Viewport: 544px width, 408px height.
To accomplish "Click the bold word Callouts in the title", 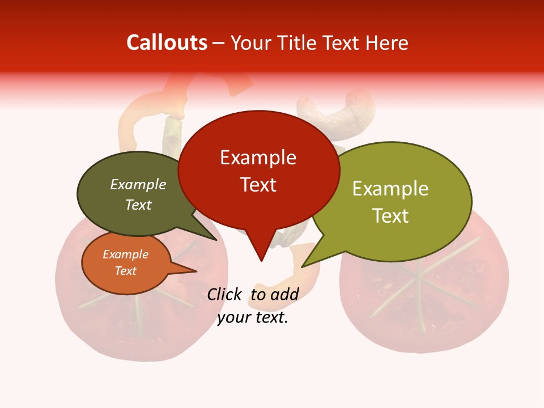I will point(167,42).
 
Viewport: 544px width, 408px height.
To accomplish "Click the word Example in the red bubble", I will point(258,158).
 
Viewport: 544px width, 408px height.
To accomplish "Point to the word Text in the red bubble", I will point(258,185).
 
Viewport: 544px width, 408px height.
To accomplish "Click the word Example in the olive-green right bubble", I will point(390,189).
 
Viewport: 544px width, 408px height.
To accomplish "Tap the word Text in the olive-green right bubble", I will point(390,215).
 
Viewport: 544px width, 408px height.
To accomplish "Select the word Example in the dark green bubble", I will point(138,185).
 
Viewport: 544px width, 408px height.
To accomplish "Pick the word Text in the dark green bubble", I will point(138,205).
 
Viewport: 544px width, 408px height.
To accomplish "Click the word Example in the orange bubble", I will point(125,254).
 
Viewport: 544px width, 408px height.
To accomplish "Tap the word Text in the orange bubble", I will point(125,271).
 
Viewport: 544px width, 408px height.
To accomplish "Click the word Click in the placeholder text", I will point(225,294).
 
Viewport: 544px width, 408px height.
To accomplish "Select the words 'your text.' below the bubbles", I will point(253,318).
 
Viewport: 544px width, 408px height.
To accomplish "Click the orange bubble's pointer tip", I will point(196,271).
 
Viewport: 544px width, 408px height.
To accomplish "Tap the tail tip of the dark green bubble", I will point(216,240).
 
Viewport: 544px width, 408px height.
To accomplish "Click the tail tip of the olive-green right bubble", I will point(303,266).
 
